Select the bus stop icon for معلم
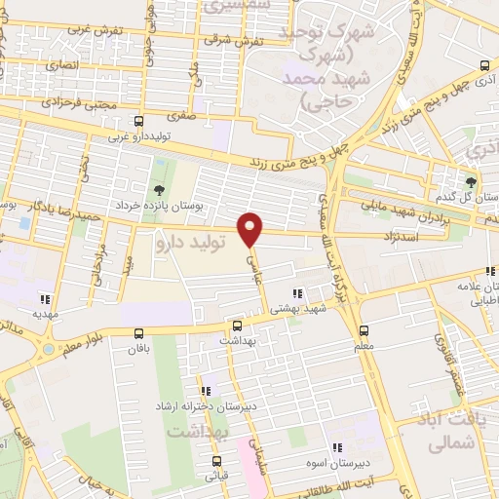(364, 330)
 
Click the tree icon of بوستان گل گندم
(473, 182)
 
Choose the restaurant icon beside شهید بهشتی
(297, 293)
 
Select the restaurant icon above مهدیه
(44, 300)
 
